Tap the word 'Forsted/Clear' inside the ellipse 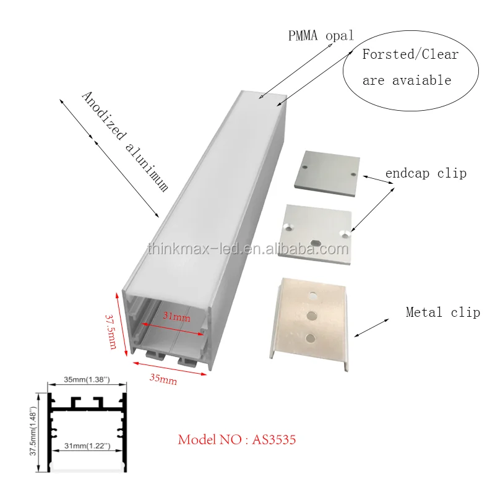pos(410,54)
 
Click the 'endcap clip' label pos(426,173)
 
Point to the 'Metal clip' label pos(442,312)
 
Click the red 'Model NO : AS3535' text pos(237,440)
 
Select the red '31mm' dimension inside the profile pos(176,317)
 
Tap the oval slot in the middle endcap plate pos(315,241)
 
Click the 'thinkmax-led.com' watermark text pos(247,249)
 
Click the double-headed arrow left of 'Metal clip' pos(371,327)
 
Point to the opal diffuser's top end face pos(262,99)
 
